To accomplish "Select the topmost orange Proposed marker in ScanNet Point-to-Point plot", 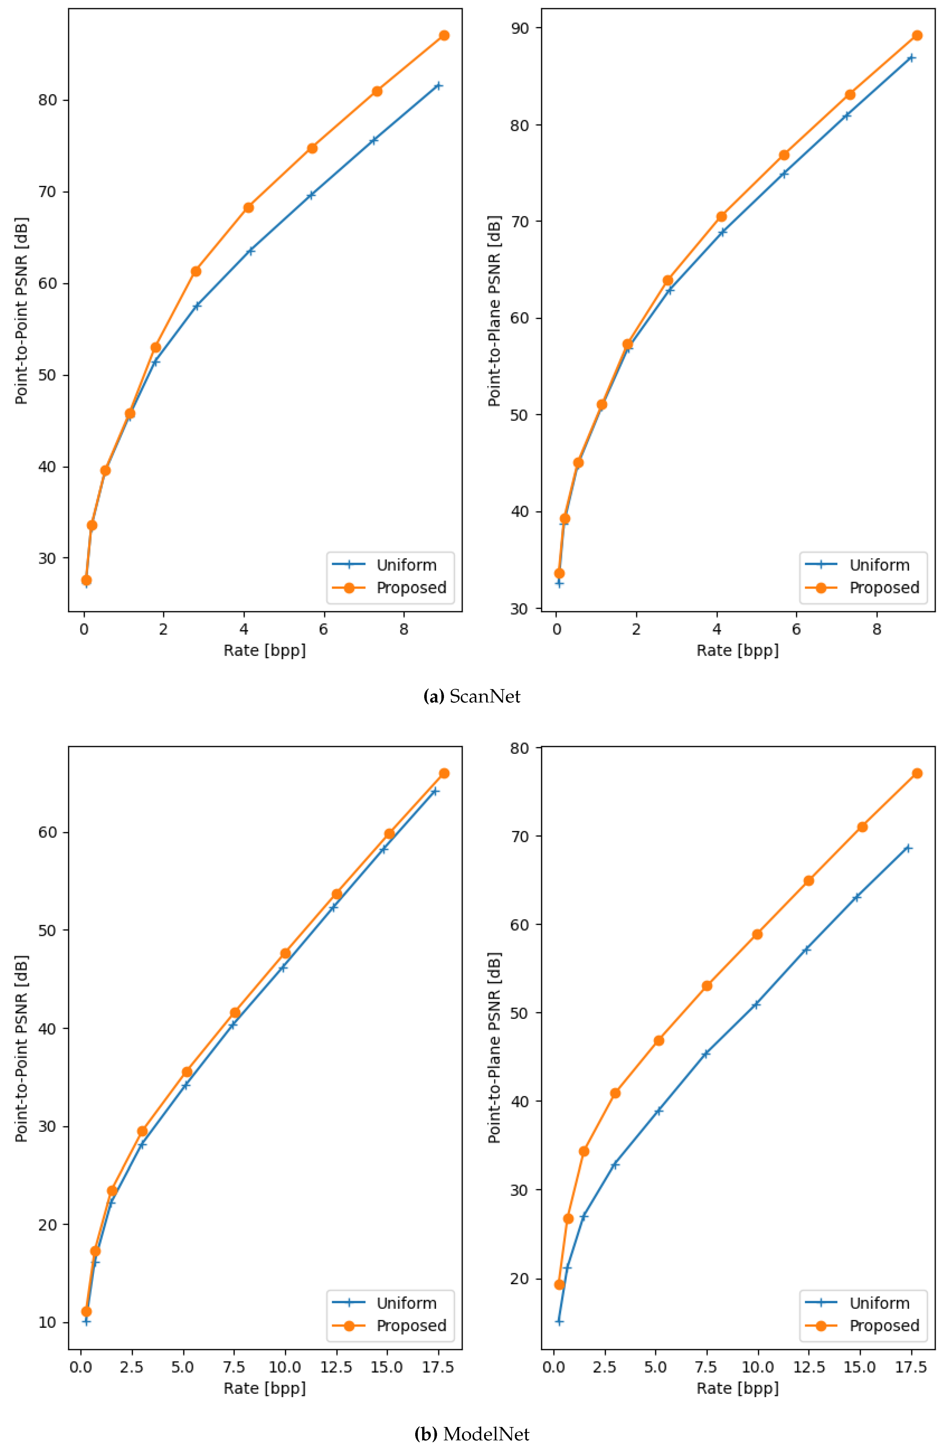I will [444, 35].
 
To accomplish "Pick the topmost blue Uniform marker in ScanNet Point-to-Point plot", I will [438, 86].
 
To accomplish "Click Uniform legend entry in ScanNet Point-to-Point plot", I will [406, 565].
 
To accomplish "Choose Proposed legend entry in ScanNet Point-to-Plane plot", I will [884, 587].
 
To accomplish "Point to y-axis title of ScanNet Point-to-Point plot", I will [22, 311].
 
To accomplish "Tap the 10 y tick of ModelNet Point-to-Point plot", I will [48, 1322].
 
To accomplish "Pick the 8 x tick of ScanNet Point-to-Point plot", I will [404, 630].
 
